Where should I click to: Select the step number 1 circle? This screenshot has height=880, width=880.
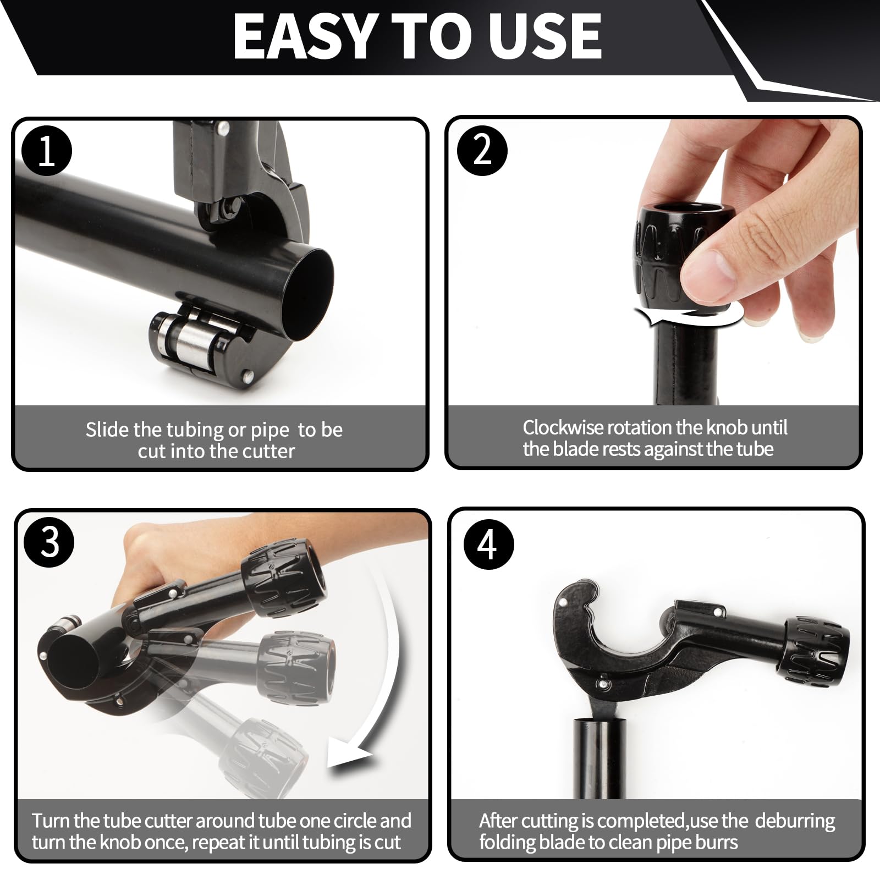tap(47, 151)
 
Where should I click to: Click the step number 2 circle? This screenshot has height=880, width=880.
tap(482, 150)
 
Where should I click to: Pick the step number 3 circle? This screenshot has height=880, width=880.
tap(50, 542)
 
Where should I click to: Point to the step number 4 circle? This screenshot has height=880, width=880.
tap(488, 544)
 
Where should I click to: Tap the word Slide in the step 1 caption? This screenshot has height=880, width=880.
tap(107, 429)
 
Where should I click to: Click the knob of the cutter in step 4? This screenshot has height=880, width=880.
tap(816, 651)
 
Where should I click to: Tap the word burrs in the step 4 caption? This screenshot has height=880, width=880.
tap(715, 842)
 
